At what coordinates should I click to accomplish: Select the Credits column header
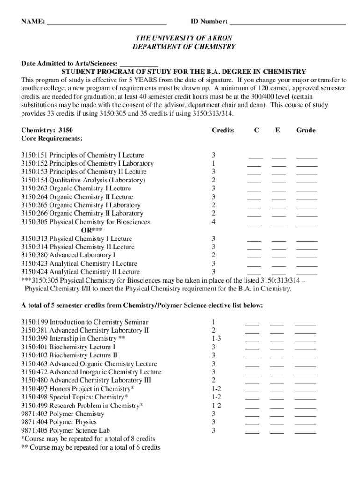[223, 130]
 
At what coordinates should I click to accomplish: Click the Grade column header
[306, 130]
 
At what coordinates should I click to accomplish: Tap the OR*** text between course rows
[92, 230]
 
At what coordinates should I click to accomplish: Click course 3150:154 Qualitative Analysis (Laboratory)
[83, 180]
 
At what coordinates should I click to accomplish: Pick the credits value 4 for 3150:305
[213, 222]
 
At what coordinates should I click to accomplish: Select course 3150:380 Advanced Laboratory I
[68, 255]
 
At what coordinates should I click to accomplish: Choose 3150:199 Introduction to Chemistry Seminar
[85, 322]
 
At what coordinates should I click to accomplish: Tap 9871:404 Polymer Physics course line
[59, 422]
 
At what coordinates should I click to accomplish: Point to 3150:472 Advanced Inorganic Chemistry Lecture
[91, 372]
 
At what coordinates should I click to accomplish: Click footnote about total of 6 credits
[91, 447]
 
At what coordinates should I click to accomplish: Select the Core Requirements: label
[52, 138]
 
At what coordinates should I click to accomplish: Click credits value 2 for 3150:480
[213, 380]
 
